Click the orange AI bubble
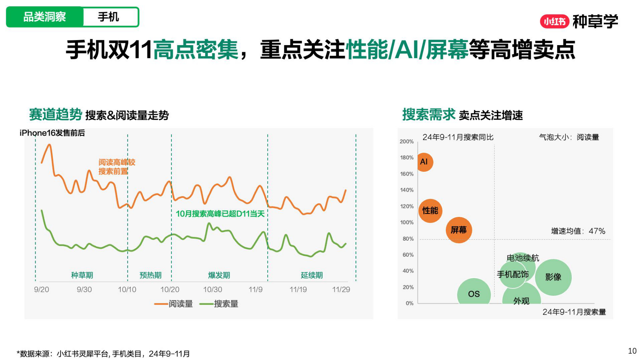click(424, 162)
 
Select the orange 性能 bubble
click(430, 211)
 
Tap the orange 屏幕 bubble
click(459, 230)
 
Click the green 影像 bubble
click(553, 277)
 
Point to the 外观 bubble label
click(521, 301)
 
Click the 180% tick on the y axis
click(407, 157)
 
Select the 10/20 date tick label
click(170, 290)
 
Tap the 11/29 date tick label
click(341, 290)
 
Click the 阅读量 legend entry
click(174, 304)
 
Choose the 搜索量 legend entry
click(219, 304)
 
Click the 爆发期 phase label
click(219, 275)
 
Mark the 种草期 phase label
click(82, 275)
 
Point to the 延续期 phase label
click(312, 275)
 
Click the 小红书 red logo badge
click(554, 22)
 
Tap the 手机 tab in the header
click(108, 17)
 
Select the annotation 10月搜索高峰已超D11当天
click(220, 213)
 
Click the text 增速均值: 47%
click(578, 231)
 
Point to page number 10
click(632, 351)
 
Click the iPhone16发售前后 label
click(52, 133)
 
